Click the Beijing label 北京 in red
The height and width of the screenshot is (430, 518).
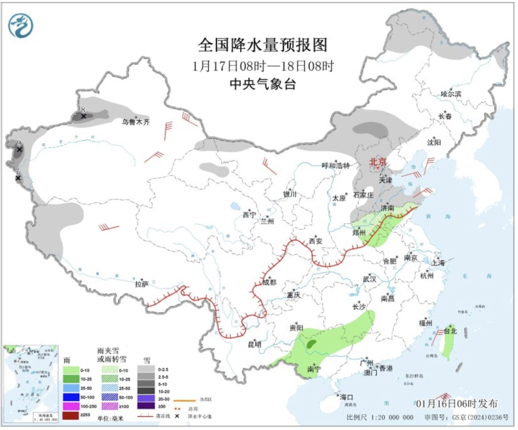click(x=377, y=163)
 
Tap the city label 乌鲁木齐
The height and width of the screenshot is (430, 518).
click(x=135, y=122)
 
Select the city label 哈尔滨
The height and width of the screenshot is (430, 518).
click(x=450, y=94)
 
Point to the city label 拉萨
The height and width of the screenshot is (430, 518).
click(x=141, y=284)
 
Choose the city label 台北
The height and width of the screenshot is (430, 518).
click(x=450, y=331)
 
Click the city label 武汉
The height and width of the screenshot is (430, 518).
click(x=370, y=279)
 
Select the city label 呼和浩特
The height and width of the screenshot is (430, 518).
click(x=336, y=165)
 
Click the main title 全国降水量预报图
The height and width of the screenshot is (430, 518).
click(x=262, y=45)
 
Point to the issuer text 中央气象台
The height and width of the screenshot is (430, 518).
click(x=262, y=85)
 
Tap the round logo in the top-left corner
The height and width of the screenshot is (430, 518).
click(x=21, y=25)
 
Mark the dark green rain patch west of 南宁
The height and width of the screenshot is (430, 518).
click(x=311, y=344)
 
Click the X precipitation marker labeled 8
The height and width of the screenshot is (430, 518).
click(x=83, y=116)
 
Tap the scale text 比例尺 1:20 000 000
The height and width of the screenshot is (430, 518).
click(x=379, y=417)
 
